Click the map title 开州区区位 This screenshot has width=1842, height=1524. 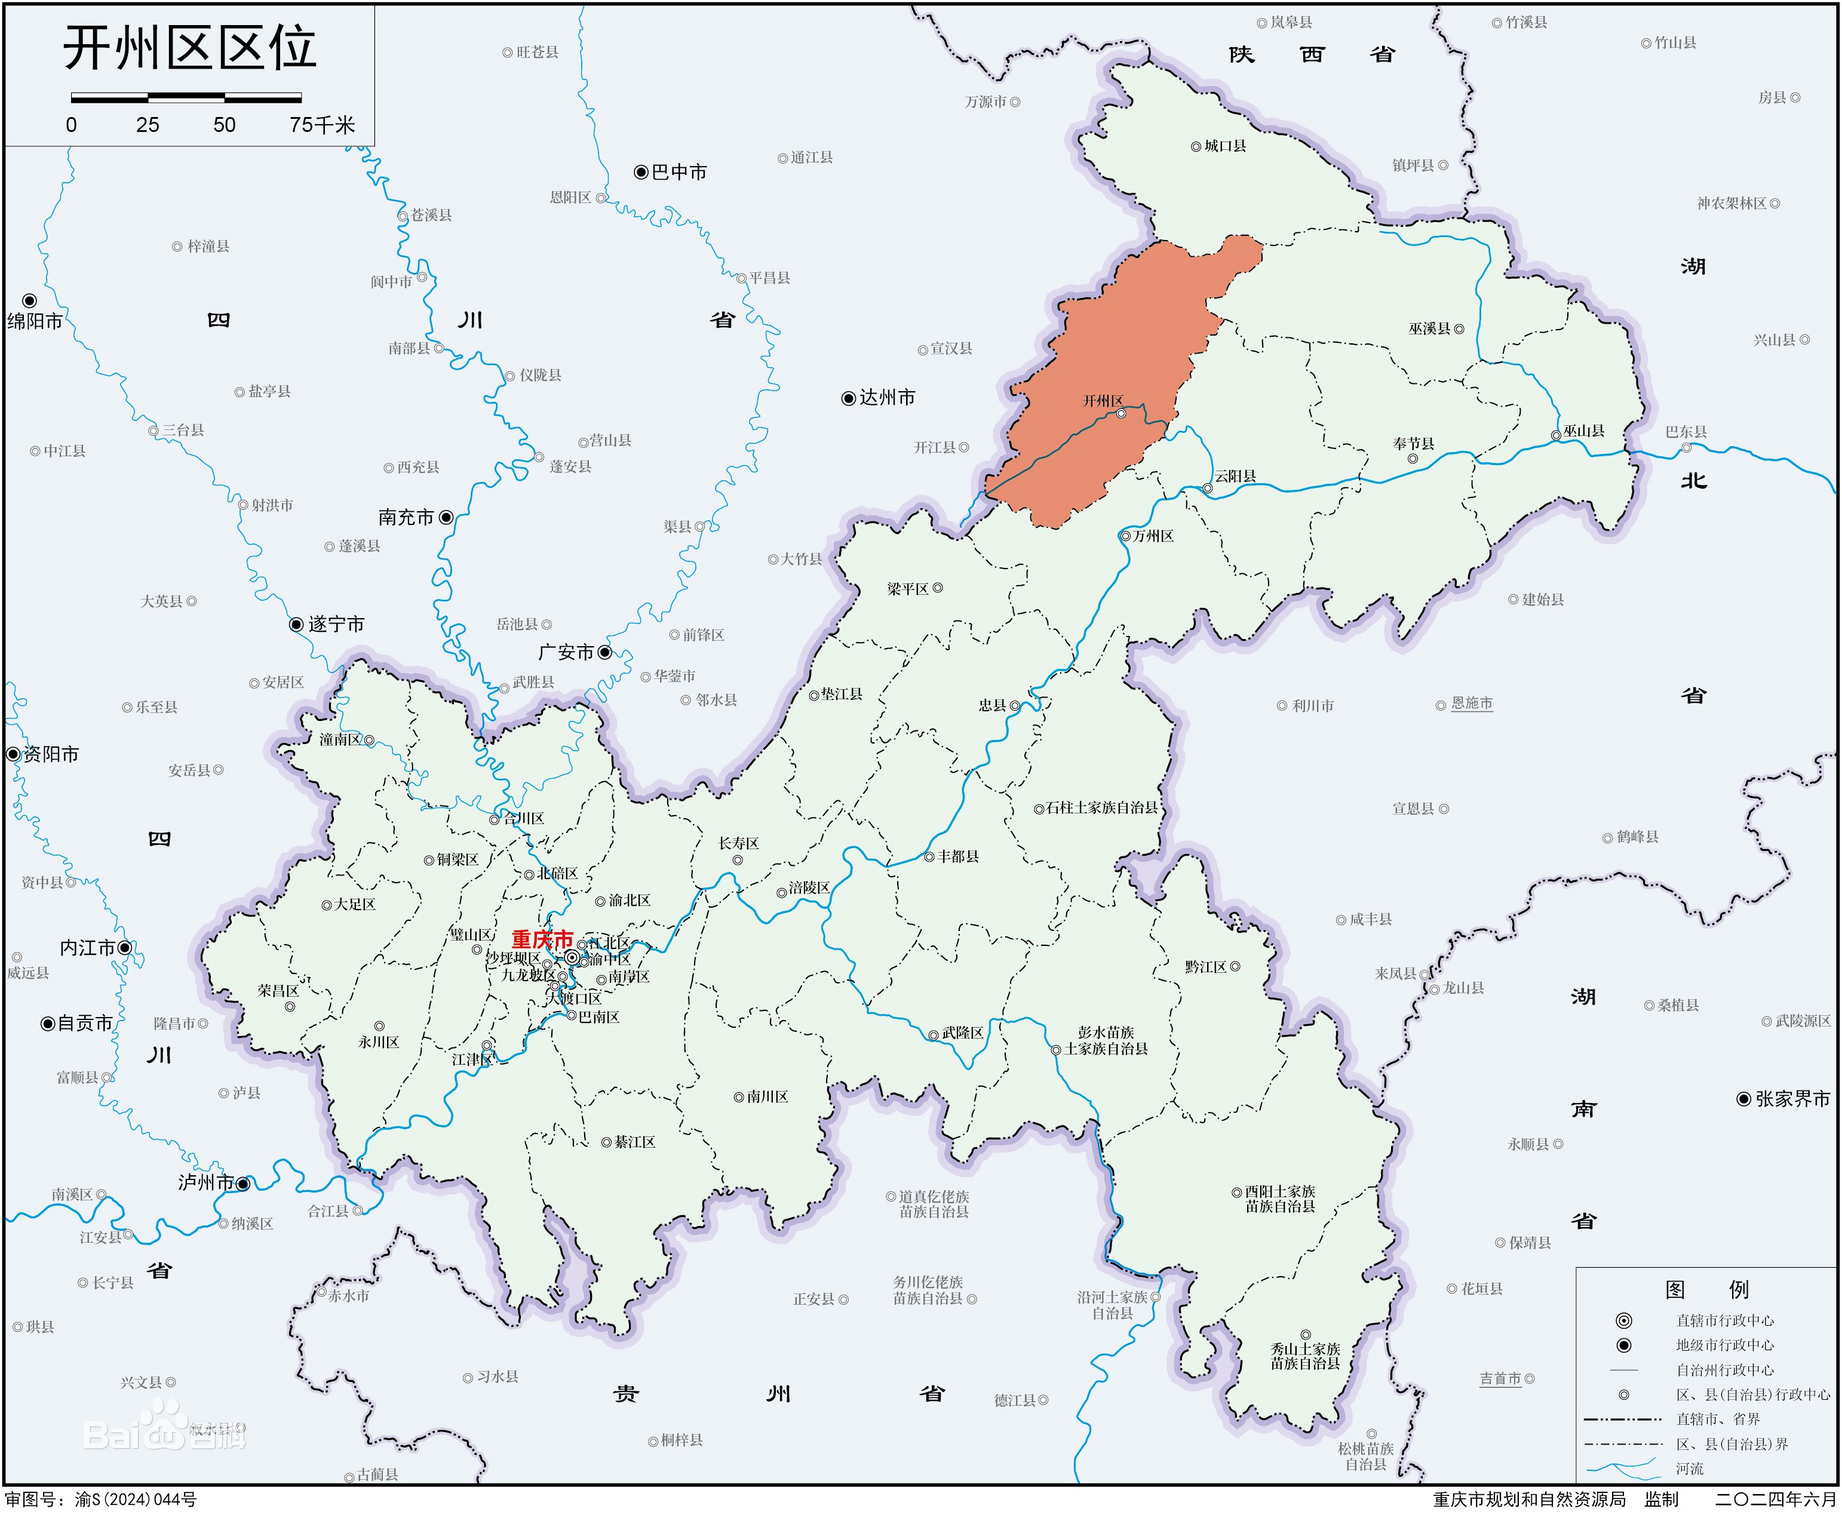pyautogui.click(x=189, y=48)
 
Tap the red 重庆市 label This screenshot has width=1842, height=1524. pyautogui.click(x=542, y=940)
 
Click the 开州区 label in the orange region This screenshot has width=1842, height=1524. pyautogui.click(x=1103, y=401)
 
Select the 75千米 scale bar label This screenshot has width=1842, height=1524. pyautogui.click(x=322, y=125)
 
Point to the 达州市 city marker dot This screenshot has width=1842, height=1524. pyautogui.click(x=848, y=398)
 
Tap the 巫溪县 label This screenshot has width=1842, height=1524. pyautogui.click(x=1430, y=329)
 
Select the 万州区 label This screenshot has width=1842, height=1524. pyautogui.click(x=1153, y=536)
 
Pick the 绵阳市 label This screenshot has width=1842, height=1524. pyautogui.click(x=35, y=322)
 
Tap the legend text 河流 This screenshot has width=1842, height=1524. pyautogui.click(x=1689, y=1468)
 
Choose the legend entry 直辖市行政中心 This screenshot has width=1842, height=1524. pyautogui.click(x=1724, y=1320)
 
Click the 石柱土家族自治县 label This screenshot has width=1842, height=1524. pyautogui.click(x=1103, y=807)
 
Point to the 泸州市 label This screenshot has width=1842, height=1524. pyautogui.click(x=206, y=1183)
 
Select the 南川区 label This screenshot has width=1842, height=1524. pyautogui.click(x=767, y=1097)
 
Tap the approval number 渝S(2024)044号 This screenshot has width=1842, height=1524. pyautogui.click(x=136, y=1500)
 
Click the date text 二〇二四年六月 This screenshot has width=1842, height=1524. pyautogui.click(x=1775, y=1500)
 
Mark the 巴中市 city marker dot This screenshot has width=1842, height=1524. pyautogui.click(x=641, y=172)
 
